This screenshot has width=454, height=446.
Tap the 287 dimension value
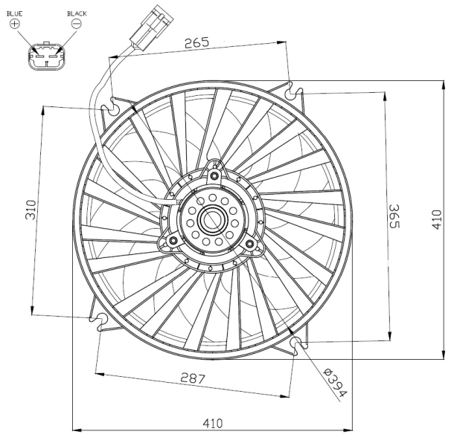192,378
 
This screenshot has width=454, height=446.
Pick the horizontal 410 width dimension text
213,423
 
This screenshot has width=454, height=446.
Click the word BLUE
15,13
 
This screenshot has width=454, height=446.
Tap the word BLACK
77,13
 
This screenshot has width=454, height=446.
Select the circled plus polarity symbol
15,24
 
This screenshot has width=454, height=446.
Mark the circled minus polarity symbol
76,24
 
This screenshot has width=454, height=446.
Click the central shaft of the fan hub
211,219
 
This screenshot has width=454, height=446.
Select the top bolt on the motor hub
214,175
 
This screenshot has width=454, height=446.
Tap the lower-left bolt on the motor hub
173,241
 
